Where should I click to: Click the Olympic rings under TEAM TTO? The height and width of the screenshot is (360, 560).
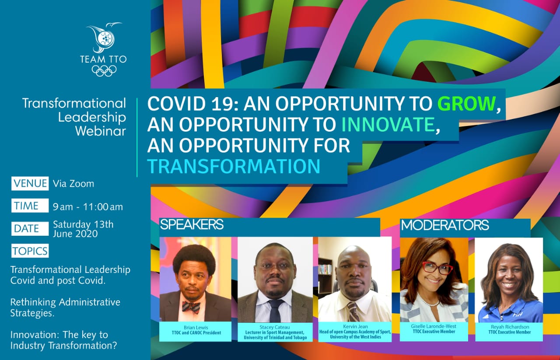tap(104, 71)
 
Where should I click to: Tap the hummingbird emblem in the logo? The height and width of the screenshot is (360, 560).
tap(104, 38)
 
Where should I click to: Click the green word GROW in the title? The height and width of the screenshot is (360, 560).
tap(466, 104)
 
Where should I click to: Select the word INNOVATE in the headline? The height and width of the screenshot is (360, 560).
tap(388, 124)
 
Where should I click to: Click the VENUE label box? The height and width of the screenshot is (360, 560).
tap(30, 184)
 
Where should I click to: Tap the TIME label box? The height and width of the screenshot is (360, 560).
tap(30, 206)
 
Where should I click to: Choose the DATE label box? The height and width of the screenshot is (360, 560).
tap(30, 228)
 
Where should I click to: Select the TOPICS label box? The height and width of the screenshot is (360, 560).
tap(30, 251)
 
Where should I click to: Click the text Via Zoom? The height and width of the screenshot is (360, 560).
tap(73, 184)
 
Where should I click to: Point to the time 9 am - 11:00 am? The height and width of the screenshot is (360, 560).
tap(88, 207)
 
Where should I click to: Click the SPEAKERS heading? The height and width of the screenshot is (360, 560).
tap(192, 224)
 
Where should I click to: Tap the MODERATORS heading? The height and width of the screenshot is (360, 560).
tap(445, 225)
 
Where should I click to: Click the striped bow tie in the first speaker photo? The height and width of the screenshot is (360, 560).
tap(191, 307)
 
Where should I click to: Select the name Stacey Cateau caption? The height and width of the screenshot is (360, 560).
tap(274, 327)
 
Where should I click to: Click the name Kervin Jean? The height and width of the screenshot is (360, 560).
tap(355, 326)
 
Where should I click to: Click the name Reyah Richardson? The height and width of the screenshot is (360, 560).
tap(510, 327)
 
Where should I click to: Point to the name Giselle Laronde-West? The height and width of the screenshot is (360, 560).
tap(434, 326)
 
